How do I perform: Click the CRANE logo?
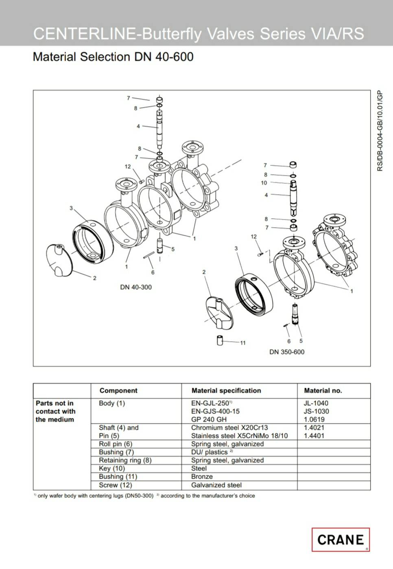click(x=340, y=540)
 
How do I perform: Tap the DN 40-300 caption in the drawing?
click(x=136, y=287)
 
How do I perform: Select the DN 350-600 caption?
click(x=287, y=352)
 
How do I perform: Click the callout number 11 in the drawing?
click(x=242, y=343)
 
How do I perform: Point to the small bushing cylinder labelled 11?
click(x=220, y=340)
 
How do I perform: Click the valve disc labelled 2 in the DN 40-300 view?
click(x=61, y=260)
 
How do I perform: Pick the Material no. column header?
click(x=323, y=391)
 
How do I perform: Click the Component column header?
click(x=118, y=391)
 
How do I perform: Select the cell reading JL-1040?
click(x=316, y=403)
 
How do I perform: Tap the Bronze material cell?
click(x=202, y=477)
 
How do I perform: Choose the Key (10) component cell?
click(x=112, y=468)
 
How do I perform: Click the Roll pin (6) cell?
click(x=116, y=444)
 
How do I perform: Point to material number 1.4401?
click(x=316, y=436)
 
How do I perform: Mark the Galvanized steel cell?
click(x=216, y=485)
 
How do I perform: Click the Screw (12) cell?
click(x=116, y=485)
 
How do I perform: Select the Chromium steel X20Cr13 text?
click(x=229, y=428)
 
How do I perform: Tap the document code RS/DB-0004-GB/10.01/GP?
click(x=380, y=131)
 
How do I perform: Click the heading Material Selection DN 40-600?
click(x=113, y=57)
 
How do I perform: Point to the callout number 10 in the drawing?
click(x=264, y=183)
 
